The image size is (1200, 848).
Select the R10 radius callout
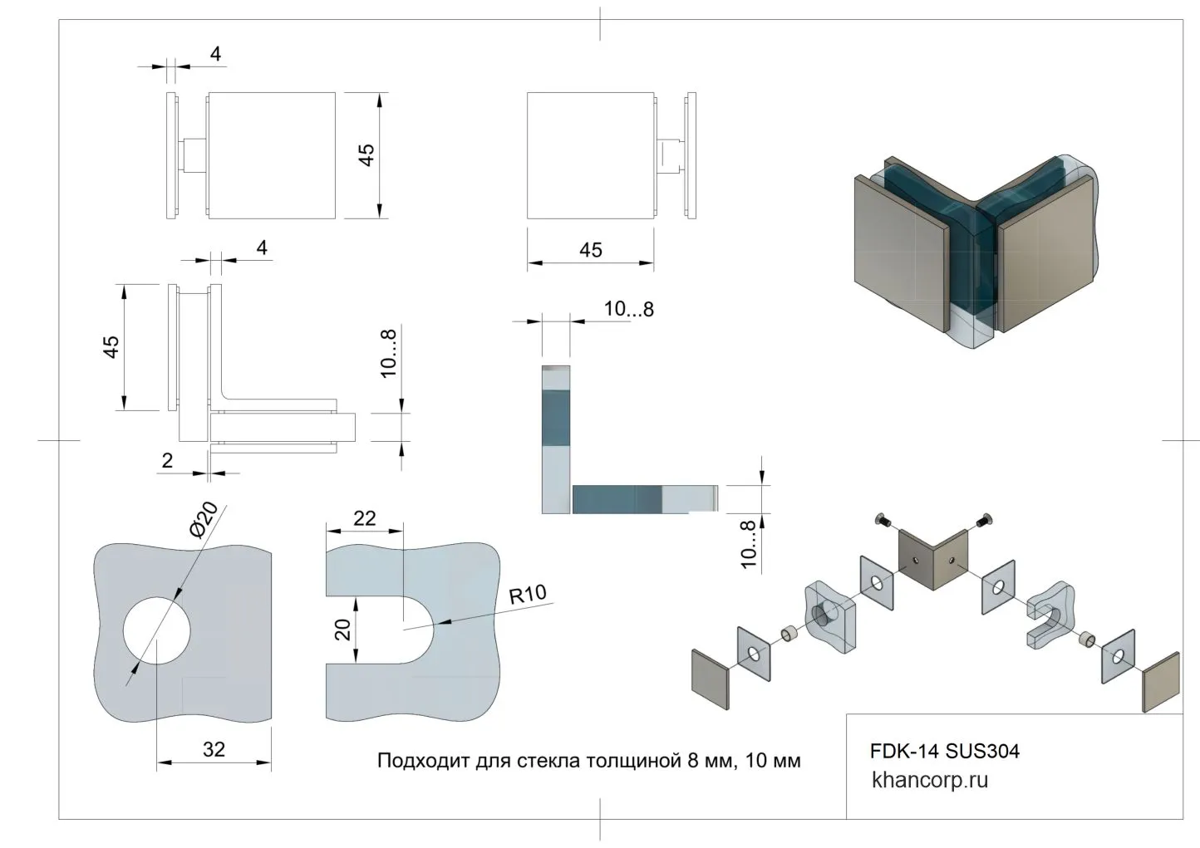pyautogui.click(x=528, y=595)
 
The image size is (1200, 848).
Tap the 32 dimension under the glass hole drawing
pyautogui.click(x=214, y=749)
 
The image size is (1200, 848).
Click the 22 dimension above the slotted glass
pyautogui.click(x=364, y=518)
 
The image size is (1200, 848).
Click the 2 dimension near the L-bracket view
pyautogui.click(x=168, y=460)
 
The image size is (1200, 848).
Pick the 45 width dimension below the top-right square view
pyautogui.click(x=590, y=250)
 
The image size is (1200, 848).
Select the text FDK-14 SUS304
pyautogui.click(x=944, y=752)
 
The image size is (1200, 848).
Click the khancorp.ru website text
pyautogui.click(x=930, y=780)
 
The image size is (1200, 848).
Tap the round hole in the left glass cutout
pyautogui.click(x=157, y=630)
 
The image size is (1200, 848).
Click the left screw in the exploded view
pyautogui.click(x=883, y=522)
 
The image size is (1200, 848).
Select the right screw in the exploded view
pyautogui.click(x=986, y=520)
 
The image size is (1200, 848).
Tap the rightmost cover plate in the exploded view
pyautogui.click(x=1161, y=682)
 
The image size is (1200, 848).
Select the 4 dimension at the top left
pyautogui.click(x=216, y=55)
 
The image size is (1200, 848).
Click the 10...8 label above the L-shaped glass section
pyautogui.click(x=628, y=310)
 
